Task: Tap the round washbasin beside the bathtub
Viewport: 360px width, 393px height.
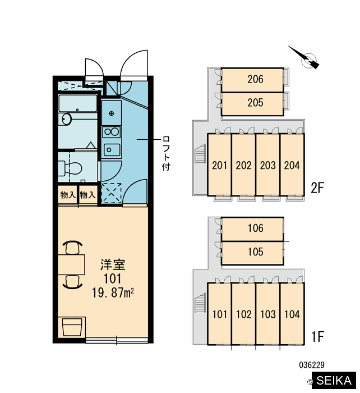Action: pos(67,119)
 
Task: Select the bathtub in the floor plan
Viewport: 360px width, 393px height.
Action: pos(77,103)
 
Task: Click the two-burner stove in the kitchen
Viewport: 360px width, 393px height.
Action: pos(112,132)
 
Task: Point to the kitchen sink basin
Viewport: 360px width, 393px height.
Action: pos(112,150)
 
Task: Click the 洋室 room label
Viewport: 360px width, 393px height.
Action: pos(113,264)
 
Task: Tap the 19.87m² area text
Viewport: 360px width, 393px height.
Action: pos(113,293)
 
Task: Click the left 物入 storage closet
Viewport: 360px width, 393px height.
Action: pos(68,195)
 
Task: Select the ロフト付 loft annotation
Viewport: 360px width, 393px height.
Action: pos(166,153)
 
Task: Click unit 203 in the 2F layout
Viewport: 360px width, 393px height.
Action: pos(267,164)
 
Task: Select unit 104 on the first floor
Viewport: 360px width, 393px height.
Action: pos(292,314)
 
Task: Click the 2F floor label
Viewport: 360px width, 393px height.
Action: pos(317,188)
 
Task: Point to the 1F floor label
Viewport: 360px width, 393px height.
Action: pos(317,336)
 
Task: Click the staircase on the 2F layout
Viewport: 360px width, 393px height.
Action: pos(200,154)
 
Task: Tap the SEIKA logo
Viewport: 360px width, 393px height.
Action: pos(334,381)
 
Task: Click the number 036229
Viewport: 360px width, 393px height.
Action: pos(312,365)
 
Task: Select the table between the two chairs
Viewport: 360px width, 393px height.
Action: pos(71,264)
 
